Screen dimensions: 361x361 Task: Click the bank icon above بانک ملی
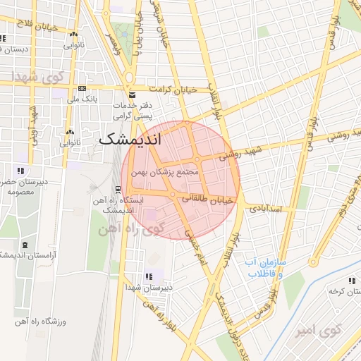click(82, 88)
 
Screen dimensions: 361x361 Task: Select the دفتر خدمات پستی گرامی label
click(137, 109)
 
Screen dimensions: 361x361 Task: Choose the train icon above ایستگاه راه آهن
click(118, 188)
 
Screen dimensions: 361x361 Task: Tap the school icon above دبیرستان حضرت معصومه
click(21, 171)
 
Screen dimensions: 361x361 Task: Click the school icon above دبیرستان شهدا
click(147, 276)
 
